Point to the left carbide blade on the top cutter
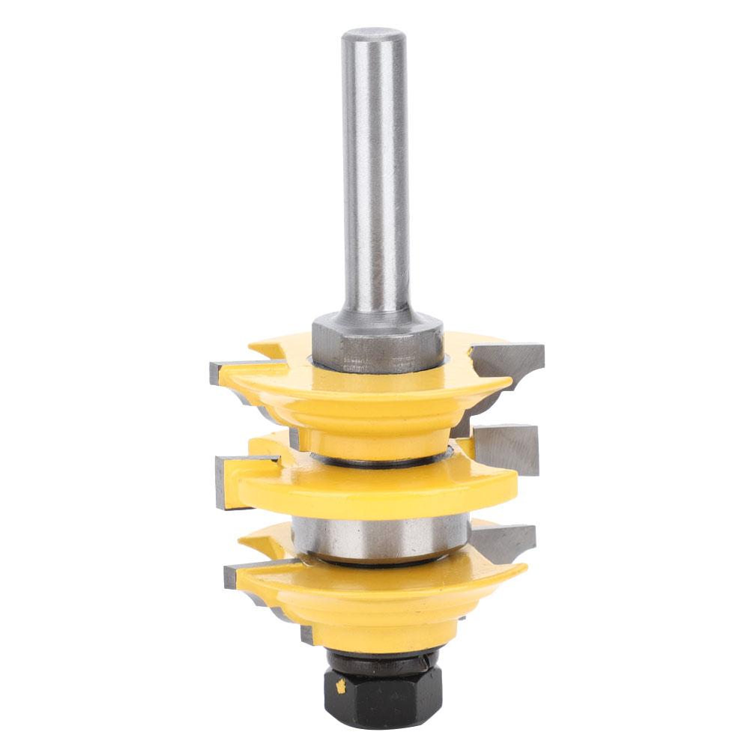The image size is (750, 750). pos(224,371)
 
